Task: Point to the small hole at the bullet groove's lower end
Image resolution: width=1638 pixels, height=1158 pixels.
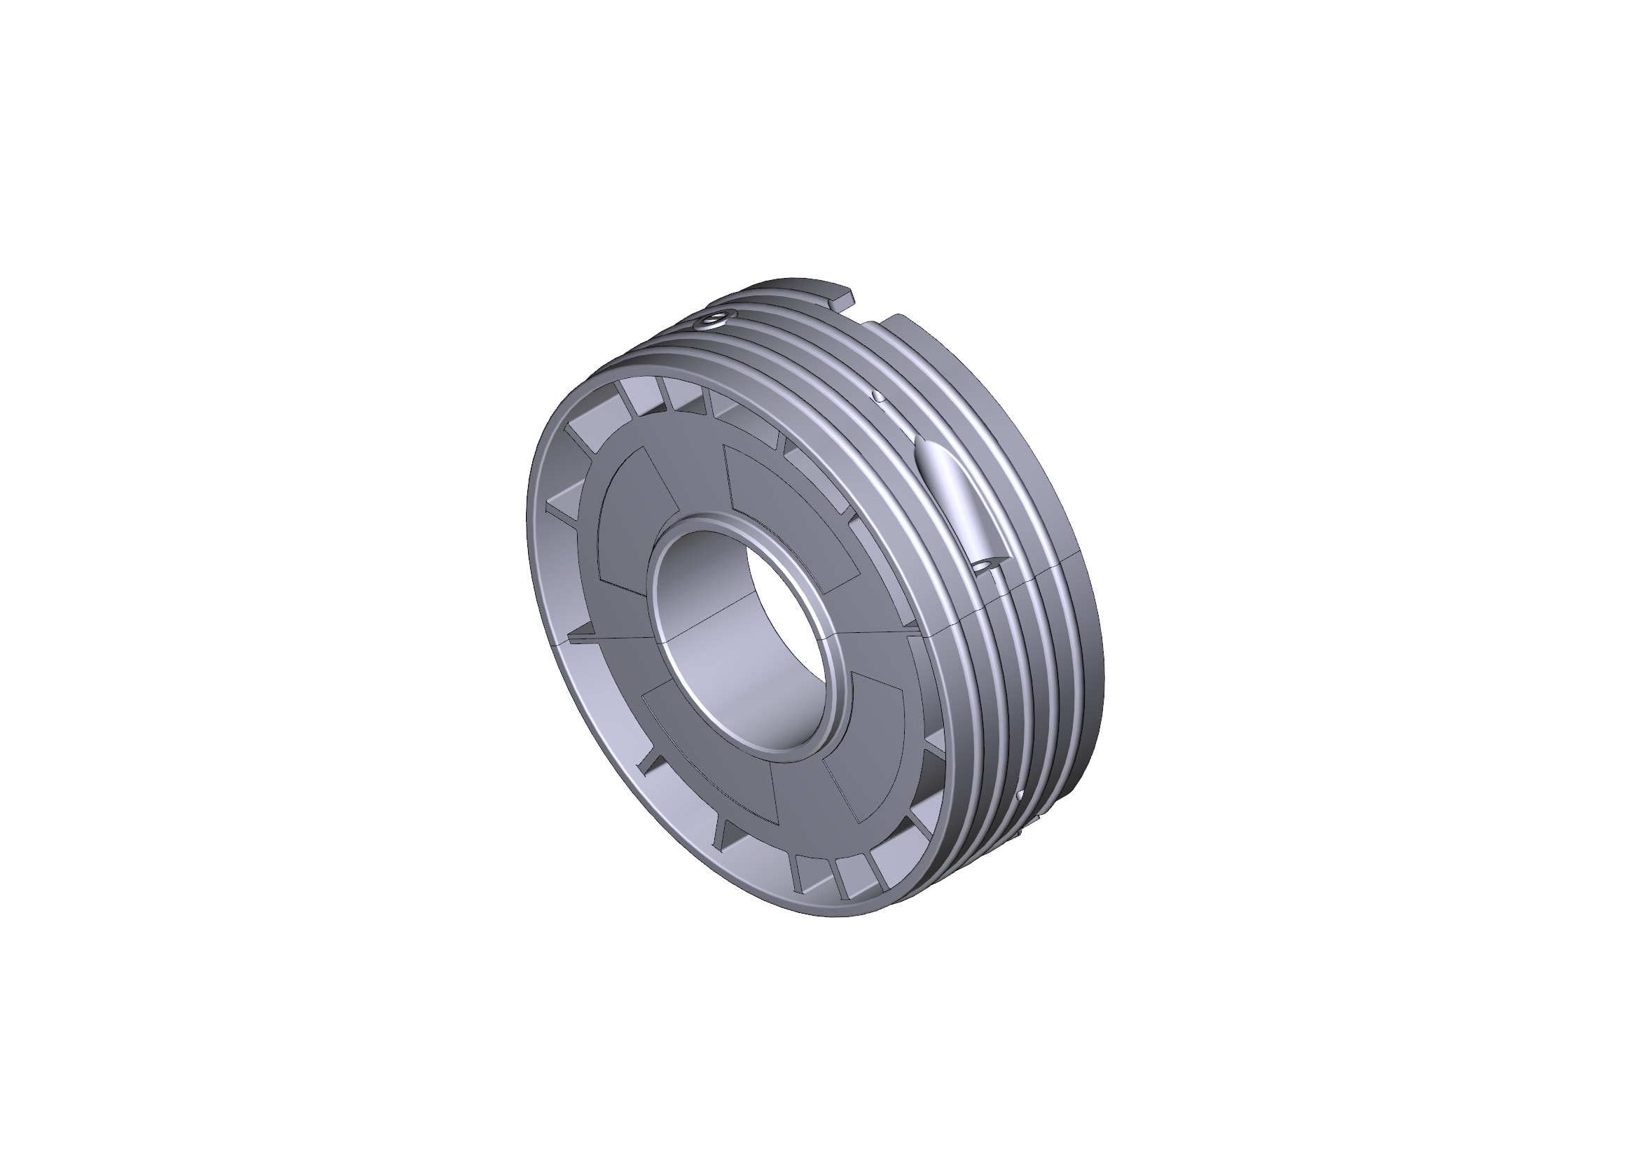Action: pyautogui.click(x=985, y=564)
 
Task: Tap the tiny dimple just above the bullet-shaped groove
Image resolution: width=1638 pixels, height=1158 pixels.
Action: pyautogui.click(x=880, y=394)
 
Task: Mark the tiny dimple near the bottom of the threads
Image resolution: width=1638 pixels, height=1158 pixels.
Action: pyautogui.click(x=1020, y=795)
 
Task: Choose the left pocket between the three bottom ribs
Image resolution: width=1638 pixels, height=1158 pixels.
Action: pyautogui.click(x=813, y=874)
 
